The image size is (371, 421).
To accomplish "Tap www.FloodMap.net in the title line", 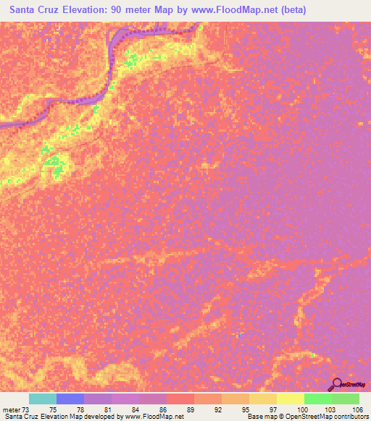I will (x=224, y=10).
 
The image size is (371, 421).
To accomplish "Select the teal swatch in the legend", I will (x=43, y=399).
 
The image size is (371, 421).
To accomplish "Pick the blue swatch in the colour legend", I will (x=70, y=399).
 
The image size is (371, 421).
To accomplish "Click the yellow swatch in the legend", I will (x=291, y=399).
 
